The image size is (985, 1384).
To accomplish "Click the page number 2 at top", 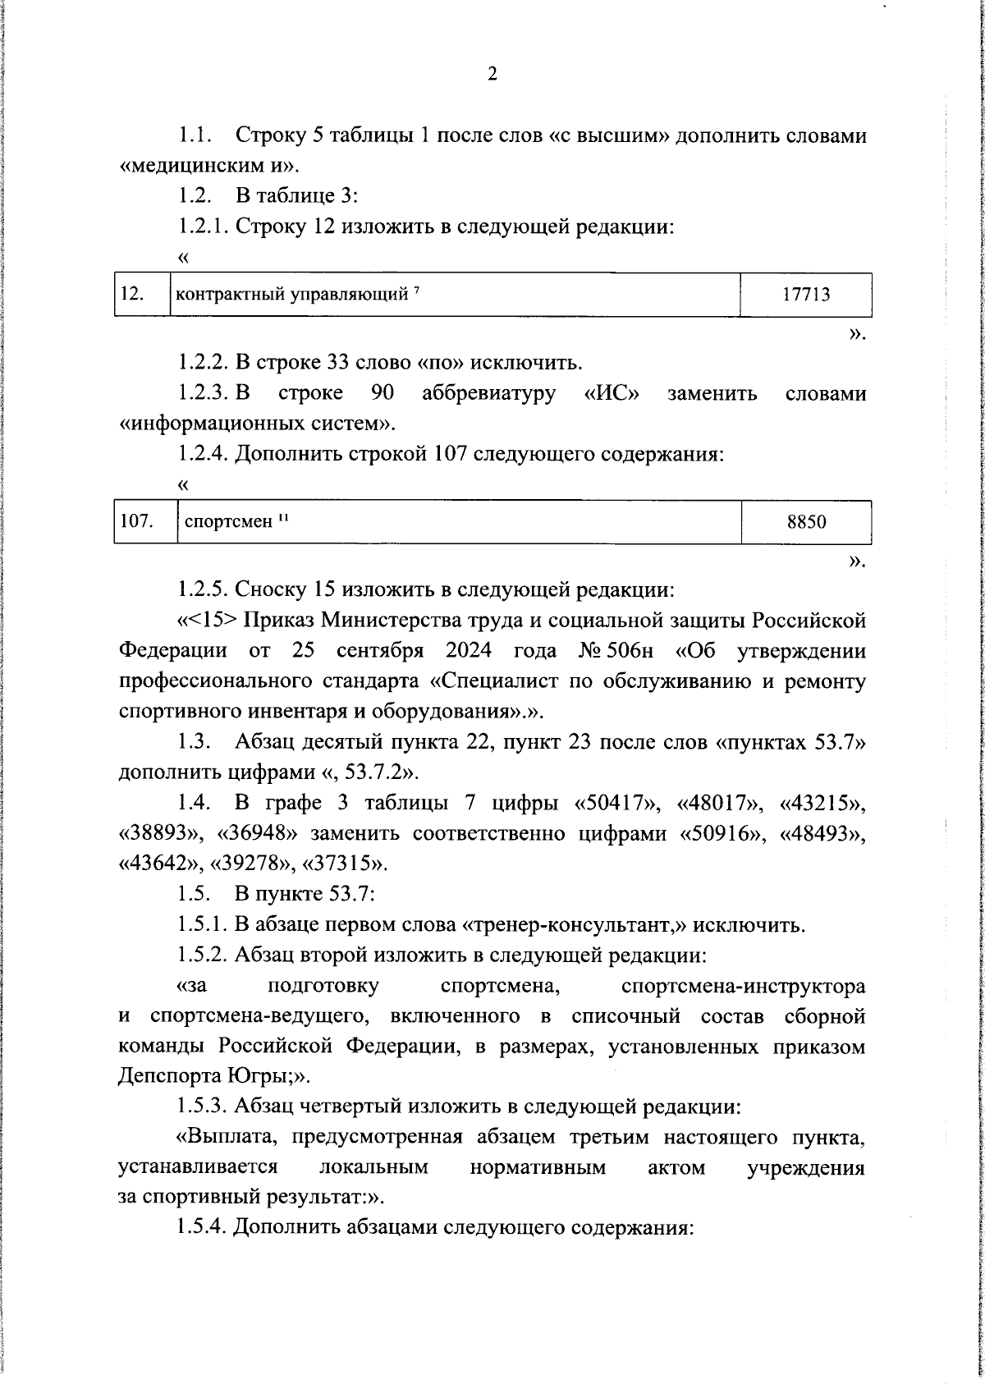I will coord(492,75).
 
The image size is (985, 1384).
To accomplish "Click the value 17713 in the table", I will coord(806,295).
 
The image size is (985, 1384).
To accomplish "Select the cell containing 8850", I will coord(806,522).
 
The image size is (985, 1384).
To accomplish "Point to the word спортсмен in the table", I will coord(227,522).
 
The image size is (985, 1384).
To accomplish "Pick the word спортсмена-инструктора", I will coord(744,985).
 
